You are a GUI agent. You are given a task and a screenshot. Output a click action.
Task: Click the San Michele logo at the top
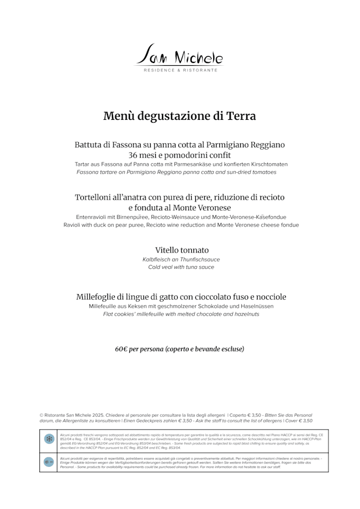click(x=180, y=55)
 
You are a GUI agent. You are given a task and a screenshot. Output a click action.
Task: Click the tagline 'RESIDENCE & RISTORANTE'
click(x=180, y=70)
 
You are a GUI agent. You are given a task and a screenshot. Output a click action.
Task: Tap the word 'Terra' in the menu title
click(x=241, y=116)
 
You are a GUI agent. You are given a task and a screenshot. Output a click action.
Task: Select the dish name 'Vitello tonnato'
click(x=182, y=250)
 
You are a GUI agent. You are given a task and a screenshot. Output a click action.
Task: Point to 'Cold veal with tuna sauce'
click(x=181, y=267)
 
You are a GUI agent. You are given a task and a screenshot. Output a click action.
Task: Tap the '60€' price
click(x=122, y=349)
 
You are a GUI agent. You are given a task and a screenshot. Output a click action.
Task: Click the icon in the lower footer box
click(x=49, y=462)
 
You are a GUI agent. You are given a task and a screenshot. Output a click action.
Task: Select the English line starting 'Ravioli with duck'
click(x=181, y=224)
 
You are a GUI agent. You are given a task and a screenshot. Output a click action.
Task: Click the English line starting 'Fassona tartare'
click(x=176, y=172)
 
